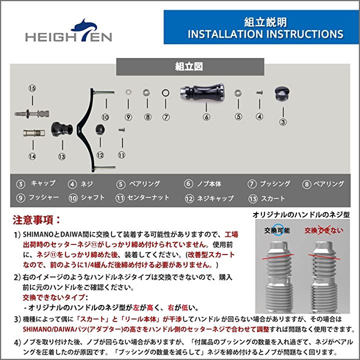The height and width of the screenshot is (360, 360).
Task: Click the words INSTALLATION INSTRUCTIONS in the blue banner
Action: point(265,34)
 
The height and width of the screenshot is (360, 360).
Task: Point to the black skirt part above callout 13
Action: point(61,132)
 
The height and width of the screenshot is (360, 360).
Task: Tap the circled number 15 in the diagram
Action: point(32,88)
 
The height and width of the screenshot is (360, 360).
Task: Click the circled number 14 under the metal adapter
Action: point(32,156)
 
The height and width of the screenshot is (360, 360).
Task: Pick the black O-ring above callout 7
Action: point(165,93)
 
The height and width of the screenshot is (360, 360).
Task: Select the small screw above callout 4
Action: point(259,92)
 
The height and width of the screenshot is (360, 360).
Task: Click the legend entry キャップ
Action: point(43,183)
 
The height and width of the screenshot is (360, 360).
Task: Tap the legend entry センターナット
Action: point(149,197)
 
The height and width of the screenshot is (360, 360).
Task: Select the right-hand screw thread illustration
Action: point(325,274)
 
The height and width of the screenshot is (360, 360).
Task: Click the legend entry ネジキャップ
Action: point(216,198)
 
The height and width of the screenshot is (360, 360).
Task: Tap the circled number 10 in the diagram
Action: point(105,117)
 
